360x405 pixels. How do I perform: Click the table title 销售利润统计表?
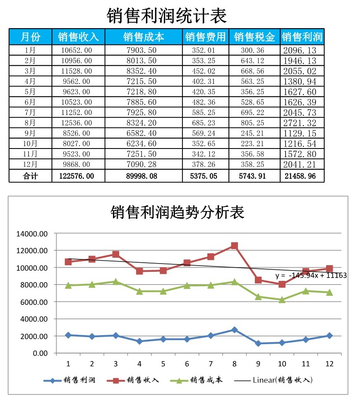pos(166,16)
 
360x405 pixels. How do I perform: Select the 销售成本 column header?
pos(144,37)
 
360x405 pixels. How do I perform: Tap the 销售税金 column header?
pos(254,37)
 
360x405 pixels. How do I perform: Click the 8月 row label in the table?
pos(30,123)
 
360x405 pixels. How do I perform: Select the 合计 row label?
pos(30,176)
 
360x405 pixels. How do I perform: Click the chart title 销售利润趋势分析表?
pos(178,213)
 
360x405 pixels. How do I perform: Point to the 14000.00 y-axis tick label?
pos(32,234)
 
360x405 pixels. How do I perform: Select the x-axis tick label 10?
pos(282,364)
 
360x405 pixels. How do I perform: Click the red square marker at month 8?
pos(235,246)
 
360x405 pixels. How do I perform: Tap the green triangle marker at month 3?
pos(116,282)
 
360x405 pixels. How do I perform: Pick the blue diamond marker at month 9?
pos(258,343)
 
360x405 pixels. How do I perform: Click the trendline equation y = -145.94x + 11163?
pos(311,276)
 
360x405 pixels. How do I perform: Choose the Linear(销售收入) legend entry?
pos(281,380)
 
